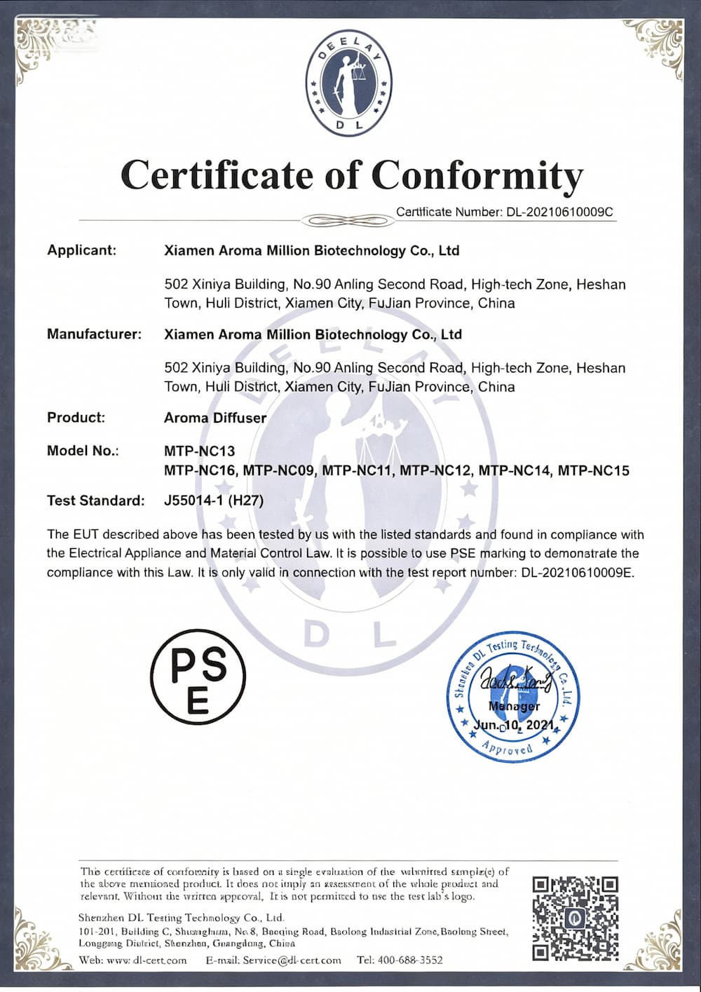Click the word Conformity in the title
[477, 175]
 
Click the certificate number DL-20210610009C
[560, 212]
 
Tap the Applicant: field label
[81, 250]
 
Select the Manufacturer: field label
[94, 334]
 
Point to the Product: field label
[76, 418]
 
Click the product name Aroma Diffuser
[215, 418]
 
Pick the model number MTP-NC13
[199, 451]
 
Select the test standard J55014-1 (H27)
[214, 501]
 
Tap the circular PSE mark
[198, 676]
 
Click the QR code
[575, 918]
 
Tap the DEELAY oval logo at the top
[348, 83]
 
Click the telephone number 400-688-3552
[410, 960]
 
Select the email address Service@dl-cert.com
[292, 960]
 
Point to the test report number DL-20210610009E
[577, 573]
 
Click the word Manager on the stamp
[514, 706]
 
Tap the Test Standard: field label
[95, 501]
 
